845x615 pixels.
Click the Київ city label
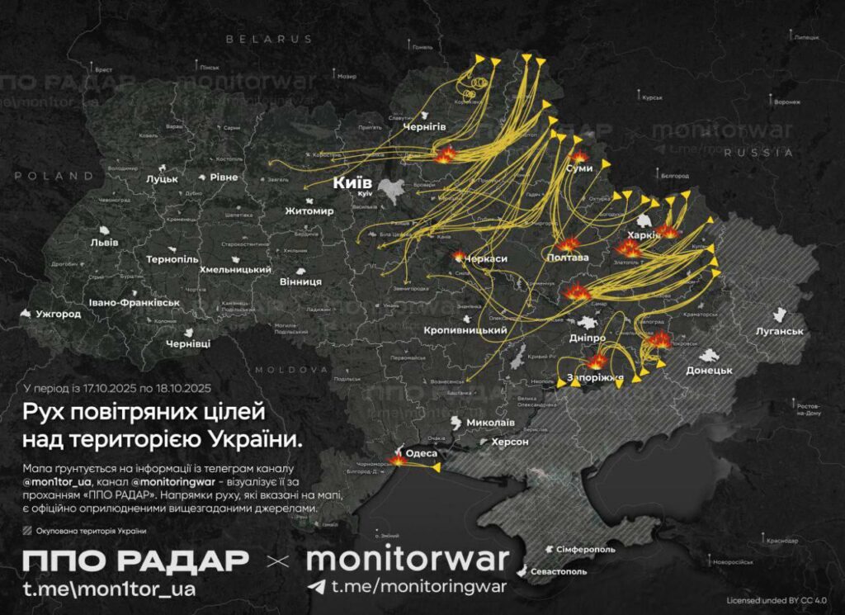click(352, 182)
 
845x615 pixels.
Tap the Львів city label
click(104, 243)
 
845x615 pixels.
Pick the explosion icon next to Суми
click(579, 156)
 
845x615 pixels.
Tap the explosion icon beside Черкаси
click(460, 257)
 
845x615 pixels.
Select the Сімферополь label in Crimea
click(582, 549)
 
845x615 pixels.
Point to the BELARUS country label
click(270, 39)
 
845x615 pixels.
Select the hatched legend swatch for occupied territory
click(28, 531)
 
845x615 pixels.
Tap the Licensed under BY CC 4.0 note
click(777, 600)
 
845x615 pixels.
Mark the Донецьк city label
click(709, 370)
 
